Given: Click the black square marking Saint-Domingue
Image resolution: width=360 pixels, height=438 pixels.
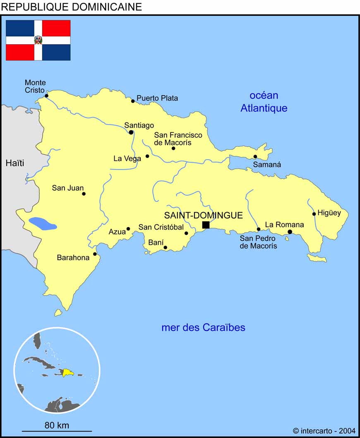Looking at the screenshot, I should (x=206, y=225).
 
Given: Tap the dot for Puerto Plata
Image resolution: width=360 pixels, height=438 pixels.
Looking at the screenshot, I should (x=133, y=101).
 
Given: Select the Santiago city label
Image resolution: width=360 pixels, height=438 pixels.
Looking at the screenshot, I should (x=139, y=125).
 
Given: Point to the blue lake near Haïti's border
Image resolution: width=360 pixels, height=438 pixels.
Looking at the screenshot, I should (x=42, y=224).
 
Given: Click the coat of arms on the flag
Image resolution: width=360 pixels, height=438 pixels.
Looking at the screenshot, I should (x=38, y=40).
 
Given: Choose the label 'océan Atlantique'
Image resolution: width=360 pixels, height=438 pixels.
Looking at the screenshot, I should (x=264, y=102).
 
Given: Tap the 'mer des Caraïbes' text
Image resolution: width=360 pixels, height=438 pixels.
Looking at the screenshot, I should (x=203, y=328).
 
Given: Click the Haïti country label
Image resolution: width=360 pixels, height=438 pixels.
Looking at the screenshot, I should (x=15, y=163).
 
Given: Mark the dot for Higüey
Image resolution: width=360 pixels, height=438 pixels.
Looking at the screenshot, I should (x=314, y=214).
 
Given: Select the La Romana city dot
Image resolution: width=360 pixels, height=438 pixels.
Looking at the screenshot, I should (x=290, y=232).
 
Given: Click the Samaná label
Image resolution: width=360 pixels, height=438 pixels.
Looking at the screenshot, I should (x=267, y=165).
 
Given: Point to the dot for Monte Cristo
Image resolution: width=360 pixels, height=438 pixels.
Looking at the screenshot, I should (x=46, y=96).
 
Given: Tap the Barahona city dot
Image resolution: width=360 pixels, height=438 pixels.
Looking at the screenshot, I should (x=95, y=254).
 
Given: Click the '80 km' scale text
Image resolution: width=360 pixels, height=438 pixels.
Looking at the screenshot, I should (x=57, y=425).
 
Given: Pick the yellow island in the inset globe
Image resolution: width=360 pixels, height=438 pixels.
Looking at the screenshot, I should (x=67, y=372).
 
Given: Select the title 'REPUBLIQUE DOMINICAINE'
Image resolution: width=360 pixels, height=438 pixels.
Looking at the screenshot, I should (x=72, y=7).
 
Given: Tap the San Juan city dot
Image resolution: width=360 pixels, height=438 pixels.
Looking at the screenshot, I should (x=84, y=194).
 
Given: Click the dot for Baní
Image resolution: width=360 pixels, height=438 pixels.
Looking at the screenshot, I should (x=165, y=248).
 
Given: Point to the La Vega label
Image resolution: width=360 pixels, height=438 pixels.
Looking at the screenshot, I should (x=127, y=158).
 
